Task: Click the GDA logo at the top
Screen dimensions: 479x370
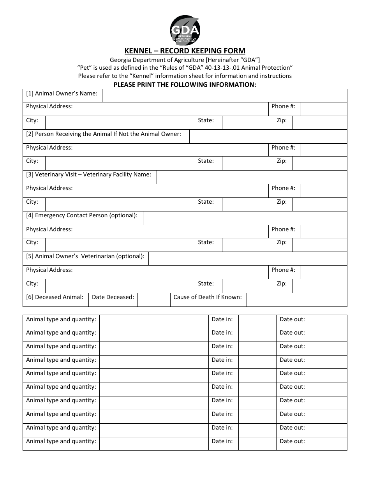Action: (185, 30)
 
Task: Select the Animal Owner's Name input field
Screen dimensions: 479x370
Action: (224, 95)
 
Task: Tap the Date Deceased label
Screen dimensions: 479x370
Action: (113, 297)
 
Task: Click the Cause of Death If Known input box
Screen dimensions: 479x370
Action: (297, 300)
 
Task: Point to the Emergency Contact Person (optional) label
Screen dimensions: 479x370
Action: (82, 215)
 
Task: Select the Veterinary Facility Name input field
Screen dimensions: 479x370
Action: (252, 177)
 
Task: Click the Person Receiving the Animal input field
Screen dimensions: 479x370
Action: (268, 136)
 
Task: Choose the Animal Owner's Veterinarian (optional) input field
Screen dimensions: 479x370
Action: (248, 259)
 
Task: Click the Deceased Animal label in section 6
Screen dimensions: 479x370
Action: (55, 297)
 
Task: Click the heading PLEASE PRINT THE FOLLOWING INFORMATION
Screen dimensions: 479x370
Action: (185, 85)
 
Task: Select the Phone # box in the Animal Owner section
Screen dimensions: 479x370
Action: (324, 109)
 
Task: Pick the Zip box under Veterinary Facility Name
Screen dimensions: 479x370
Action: (319, 204)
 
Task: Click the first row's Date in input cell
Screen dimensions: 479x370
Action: (257, 322)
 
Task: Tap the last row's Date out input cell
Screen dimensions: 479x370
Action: (328, 444)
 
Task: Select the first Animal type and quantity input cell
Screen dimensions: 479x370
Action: (154, 322)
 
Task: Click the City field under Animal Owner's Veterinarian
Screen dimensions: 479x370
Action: (120, 286)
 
